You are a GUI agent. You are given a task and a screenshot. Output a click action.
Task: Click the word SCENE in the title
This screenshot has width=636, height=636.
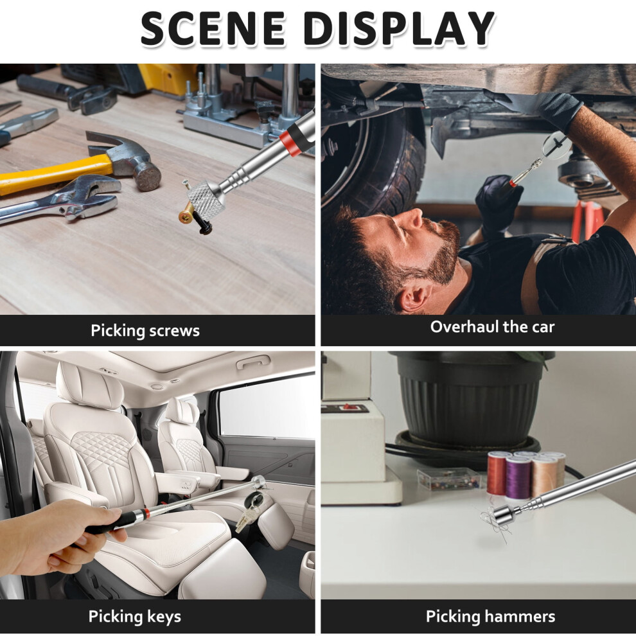(213, 28)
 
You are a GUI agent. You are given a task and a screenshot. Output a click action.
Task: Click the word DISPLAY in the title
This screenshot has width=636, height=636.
(399, 28)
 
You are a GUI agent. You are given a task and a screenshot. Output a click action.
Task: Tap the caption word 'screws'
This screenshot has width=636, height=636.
(174, 331)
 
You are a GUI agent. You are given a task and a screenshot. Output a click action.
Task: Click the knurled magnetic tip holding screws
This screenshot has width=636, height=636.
(206, 198)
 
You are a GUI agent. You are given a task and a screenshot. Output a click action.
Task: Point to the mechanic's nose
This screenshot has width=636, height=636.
(414, 219)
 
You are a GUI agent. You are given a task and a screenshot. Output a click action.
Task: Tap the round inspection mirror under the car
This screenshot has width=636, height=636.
(556, 145)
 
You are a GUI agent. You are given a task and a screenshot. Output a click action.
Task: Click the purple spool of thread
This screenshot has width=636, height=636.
(518, 477)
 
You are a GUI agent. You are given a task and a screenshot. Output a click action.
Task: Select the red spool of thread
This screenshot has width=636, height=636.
(497, 473)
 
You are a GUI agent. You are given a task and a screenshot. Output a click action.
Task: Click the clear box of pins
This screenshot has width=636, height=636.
(449, 479)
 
